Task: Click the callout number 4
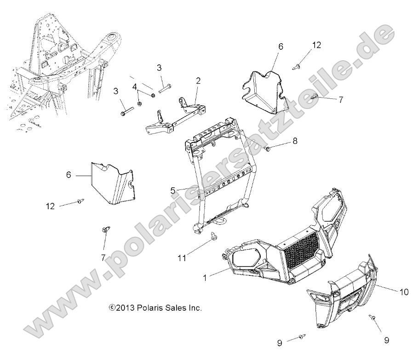click(x=135, y=86)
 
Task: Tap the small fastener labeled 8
click(x=268, y=148)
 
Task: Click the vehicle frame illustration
click(x=60, y=69)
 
